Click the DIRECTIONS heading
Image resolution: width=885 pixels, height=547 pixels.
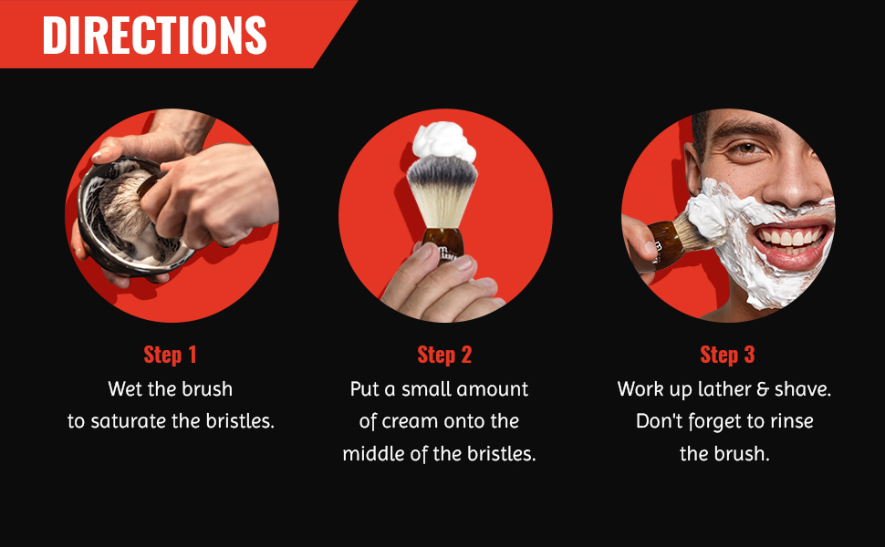coord(154,35)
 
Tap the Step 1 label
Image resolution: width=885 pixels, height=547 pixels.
coord(170,355)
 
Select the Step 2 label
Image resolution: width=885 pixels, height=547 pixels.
coord(444,355)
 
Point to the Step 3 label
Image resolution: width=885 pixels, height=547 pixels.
coord(727,355)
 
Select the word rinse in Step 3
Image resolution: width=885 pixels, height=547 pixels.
coord(790,421)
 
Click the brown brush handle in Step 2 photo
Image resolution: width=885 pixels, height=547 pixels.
coord(443,243)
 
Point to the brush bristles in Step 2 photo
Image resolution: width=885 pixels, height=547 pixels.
coord(442,191)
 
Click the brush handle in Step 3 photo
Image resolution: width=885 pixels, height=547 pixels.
coord(665,244)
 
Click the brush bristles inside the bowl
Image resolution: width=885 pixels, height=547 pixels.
coord(121,214)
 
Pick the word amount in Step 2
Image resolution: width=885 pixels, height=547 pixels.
coord(492,389)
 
